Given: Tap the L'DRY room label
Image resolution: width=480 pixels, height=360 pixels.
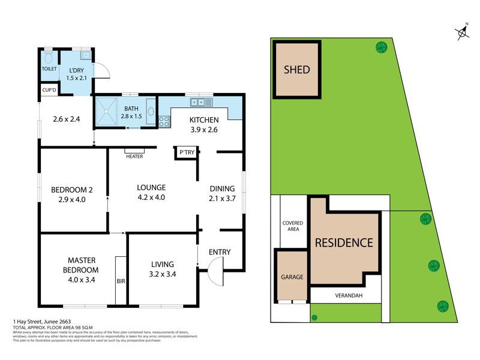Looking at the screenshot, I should tap(76, 72).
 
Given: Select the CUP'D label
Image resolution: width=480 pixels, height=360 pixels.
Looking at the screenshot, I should tap(49, 91).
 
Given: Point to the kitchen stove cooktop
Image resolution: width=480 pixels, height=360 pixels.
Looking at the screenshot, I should tap(164, 121).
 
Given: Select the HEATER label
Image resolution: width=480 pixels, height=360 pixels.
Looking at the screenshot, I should tap(134, 157).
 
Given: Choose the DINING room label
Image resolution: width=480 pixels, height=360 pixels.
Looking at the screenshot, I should tap(221, 188).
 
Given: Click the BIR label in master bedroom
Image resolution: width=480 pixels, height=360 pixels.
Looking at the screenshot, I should tap(121, 280).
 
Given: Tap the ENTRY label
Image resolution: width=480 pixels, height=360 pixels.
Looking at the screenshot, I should tap(220, 252).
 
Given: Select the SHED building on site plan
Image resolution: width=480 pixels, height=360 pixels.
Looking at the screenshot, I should tap(296, 70).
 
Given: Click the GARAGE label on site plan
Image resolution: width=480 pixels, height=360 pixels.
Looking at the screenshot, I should tap(292, 277).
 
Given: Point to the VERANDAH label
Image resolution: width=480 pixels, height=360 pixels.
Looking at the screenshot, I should tap(345, 295).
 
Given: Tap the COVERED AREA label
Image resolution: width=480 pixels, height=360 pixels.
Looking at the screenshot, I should tap(293, 226).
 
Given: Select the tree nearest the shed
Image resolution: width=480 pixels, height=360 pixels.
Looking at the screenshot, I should tap(380, 47).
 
